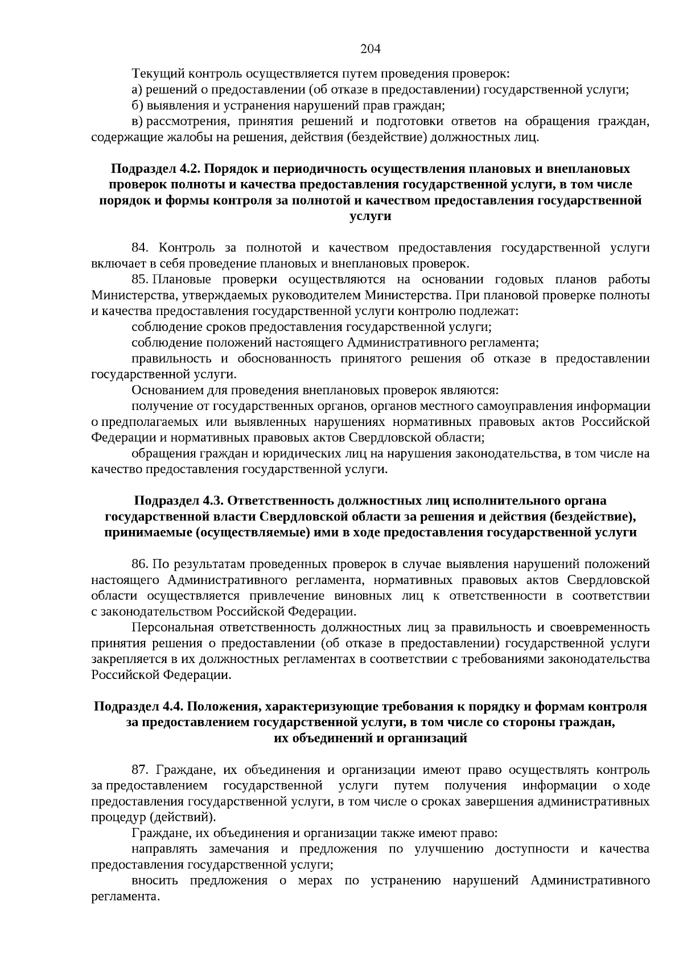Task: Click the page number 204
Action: coord(371,49)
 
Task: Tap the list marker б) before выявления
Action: coord(137,106)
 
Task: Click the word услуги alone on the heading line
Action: coord(370,217)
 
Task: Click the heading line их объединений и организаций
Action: coord(370,739)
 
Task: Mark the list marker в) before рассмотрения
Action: coord(137,122)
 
